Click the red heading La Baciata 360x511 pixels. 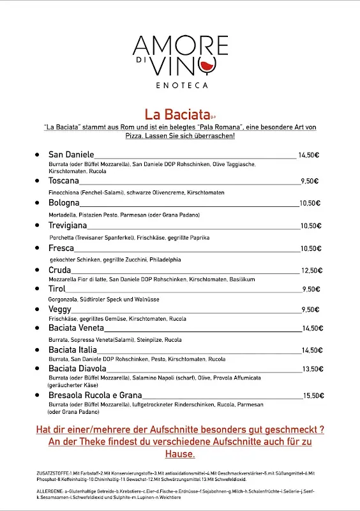pos(177,115)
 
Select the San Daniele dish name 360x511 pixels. pos(71,155)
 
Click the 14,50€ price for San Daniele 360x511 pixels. pos(308,155)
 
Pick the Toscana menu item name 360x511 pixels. pos(64,181)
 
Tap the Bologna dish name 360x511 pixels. pos(64,203)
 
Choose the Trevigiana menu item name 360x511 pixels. pos(68,225)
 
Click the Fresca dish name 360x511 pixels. pos(61,248)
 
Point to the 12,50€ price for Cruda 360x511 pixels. pos(310,270)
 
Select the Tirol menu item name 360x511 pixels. pos(57,289)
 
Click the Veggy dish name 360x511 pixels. pos(60,309)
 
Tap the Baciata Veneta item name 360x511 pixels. pos(76,328)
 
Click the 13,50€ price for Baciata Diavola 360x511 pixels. pos(310,369)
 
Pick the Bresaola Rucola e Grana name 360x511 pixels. pos(95,395)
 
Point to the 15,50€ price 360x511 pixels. pos(313,395)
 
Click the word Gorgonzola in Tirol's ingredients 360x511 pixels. pos(63,299)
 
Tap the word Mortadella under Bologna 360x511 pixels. pos(63,215)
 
